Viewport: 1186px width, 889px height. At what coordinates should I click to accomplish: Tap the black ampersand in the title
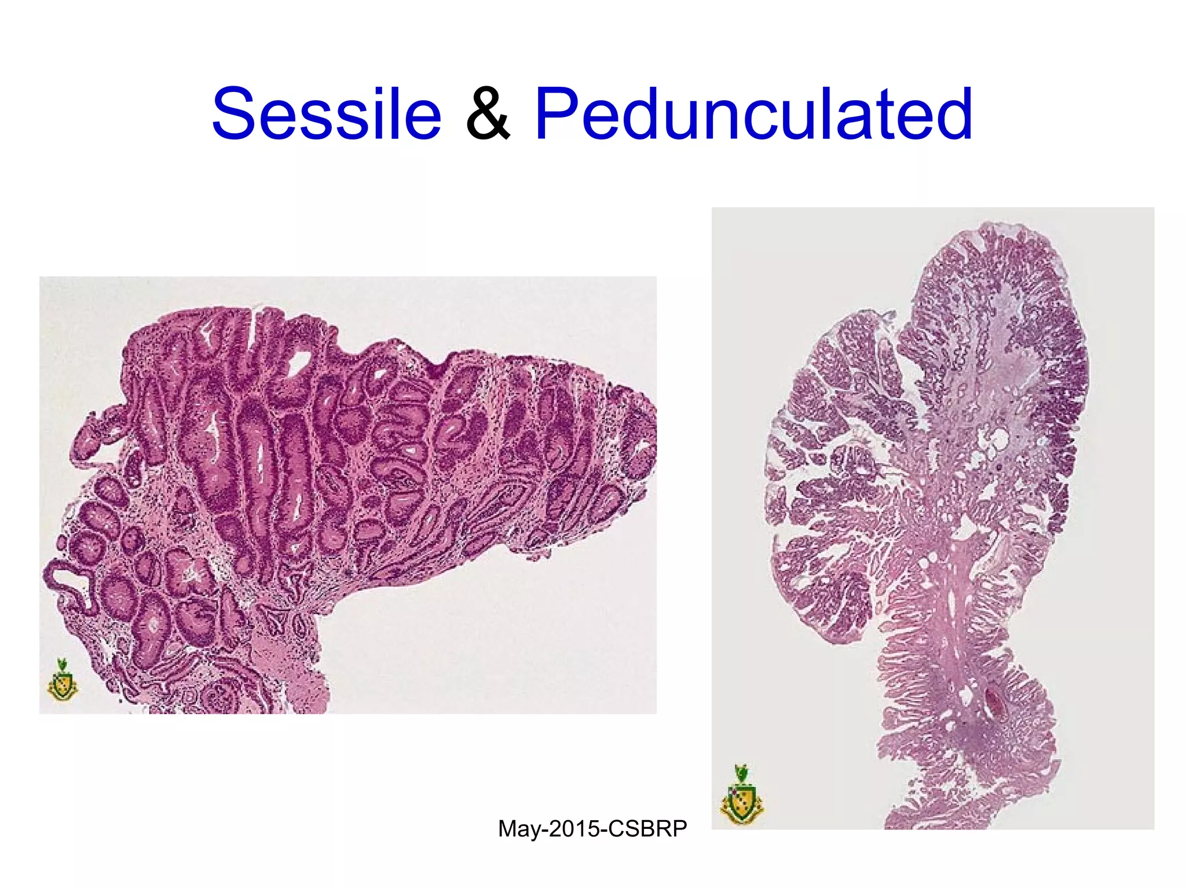488,114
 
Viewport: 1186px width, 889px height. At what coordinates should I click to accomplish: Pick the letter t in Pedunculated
889,114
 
